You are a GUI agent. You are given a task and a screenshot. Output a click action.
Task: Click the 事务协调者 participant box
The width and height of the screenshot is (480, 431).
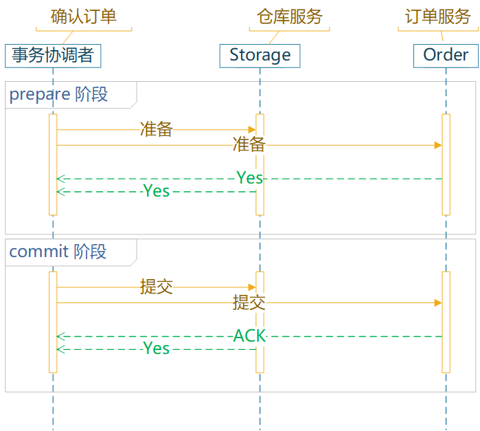click(53, 55)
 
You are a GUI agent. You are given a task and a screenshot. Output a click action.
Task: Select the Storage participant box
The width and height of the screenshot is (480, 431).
click(260, 55)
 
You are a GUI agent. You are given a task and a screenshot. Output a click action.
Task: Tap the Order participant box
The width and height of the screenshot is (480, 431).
click(446, 55)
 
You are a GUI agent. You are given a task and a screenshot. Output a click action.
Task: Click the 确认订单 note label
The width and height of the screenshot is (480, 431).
click(84, 17)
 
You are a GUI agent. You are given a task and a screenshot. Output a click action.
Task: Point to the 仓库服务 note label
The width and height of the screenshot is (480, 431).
click(289, 17)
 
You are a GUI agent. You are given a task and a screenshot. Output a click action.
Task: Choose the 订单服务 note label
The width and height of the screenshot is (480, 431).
click(438, 17)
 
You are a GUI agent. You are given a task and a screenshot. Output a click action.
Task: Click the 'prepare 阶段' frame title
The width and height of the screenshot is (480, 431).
click(58, 94)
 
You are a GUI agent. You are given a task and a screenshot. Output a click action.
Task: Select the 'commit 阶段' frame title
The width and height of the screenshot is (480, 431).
click(58, 252)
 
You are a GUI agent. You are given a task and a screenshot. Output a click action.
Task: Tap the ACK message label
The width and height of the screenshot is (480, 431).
click(249, 336)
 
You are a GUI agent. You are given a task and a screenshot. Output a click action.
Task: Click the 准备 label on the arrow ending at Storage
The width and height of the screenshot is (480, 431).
click(156, 129)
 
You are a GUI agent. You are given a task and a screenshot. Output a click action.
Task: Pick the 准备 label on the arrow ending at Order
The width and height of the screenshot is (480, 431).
click(249, 145)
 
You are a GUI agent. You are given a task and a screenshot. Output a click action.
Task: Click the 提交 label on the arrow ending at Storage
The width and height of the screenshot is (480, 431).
click(156, 287)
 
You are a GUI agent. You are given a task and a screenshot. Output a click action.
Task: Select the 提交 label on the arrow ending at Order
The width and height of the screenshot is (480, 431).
click(249, 302)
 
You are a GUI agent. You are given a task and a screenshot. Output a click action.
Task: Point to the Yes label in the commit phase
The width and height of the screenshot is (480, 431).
click(156, 349)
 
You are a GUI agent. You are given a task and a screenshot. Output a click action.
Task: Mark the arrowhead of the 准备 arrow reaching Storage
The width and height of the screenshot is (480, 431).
click(252, 129)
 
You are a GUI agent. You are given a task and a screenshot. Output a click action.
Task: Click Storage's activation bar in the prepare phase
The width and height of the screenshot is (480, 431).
click(260, 165)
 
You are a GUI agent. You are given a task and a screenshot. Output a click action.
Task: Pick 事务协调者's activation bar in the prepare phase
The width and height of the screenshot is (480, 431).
click(53, 165)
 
